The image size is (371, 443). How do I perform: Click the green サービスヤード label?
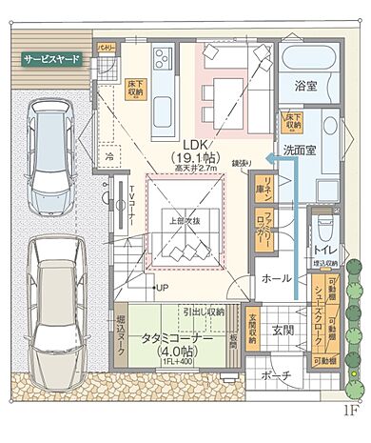tap(49, 58)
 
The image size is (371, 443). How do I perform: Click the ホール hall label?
tap(277, 279)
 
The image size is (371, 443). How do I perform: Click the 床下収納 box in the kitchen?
tap(135, 88)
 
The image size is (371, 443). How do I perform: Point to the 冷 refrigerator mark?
tap(109, 157)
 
